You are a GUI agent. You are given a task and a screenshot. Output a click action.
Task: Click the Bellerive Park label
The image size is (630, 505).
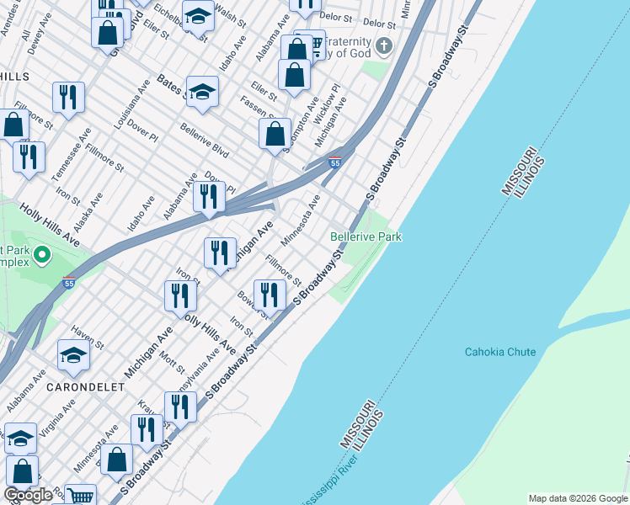pyautogui.click(x=366, y=237)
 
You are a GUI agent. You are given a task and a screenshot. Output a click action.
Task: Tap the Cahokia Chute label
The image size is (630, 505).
pyautogui.click(x=500, y=351)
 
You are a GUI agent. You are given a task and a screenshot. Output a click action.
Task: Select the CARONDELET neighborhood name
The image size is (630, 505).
pyautogui.click(x=87, y=387)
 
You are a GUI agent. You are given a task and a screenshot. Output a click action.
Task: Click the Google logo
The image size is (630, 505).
pyautogui.click(x=28, y=495)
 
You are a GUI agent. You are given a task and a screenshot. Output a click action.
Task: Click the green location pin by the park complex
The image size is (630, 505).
pyautogui.click(x=42, y=253)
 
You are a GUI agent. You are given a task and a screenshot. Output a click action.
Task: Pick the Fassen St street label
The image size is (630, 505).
pyautogui.click(x=270, y=106)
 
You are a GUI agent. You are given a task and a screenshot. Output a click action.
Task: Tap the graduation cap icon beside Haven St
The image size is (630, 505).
pyautogui.click(x=73, y=355)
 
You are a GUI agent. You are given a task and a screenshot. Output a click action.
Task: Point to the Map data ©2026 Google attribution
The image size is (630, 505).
pyautogui.click(x=578, y=498)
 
